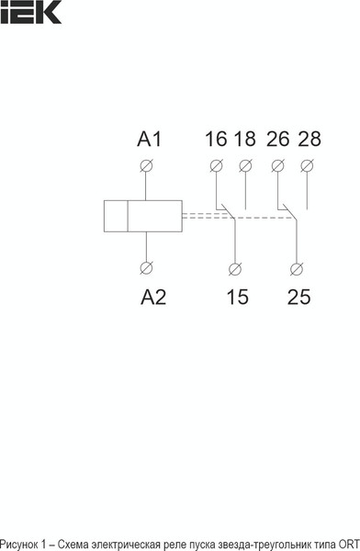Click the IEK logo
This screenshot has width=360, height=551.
pyautogui.click(x=31, y=11)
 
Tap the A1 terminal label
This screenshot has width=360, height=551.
pyautogui.click(x=149, y=140)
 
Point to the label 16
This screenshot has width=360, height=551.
pyautogui.click(x=216, y=140)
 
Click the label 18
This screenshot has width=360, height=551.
pyautogui.click(x=244, y=140)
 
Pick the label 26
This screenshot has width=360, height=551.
pyautogui.click(x=277, y=140)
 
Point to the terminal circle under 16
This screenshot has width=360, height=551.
pyautogui.click(x=216, y=166)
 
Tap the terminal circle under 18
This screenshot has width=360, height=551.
pyautogui.click(x=245, y=166)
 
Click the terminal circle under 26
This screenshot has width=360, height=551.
pyautogui.click(x=278, y=166)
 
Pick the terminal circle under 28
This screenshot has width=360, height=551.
pyautogui.click(x=308, y=166)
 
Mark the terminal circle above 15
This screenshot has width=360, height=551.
pyautogui.click(x=235, y=269)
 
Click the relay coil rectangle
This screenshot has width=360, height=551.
pyautogui.click(x=141, y=217)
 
